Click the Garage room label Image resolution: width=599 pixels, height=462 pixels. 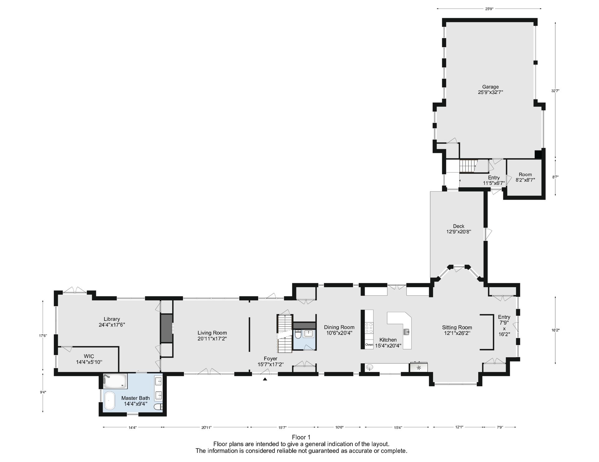pos(490,89)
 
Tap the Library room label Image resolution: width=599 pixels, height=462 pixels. pos(112,321)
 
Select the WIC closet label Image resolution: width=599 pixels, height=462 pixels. pos(89,359)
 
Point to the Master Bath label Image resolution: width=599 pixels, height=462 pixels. pos(135,401)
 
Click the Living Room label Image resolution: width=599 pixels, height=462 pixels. pos(212,335)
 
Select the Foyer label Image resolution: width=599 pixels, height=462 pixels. pos(270,361)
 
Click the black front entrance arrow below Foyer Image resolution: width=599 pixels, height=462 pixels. pos(265,379)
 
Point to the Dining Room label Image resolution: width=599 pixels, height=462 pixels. pos(339,330)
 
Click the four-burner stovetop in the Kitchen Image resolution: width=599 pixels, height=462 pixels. pos(369,328)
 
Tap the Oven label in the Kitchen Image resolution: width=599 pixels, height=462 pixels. pos(369,345)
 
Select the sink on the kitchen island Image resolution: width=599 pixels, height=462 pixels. pos(407,332)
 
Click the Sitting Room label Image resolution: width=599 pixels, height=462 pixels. pos(457,330)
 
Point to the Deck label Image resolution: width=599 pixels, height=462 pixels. pos(459,229)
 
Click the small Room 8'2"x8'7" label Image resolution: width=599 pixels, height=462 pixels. pos(525,177)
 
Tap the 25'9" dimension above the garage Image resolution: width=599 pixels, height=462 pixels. pos(489,9)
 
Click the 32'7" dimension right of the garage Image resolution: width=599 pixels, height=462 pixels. pos(555,91)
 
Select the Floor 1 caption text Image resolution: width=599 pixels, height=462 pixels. pos(301,437)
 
